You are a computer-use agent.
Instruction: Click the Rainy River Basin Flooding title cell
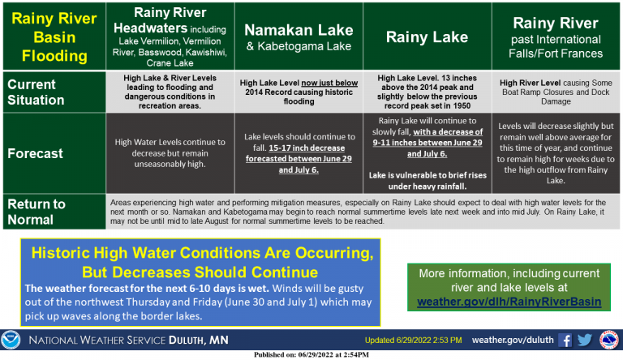[x=54, y=36]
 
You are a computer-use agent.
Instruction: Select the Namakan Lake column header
[x=299, y=36]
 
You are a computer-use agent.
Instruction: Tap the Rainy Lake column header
[x=428, y=36]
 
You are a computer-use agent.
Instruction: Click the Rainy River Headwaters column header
[x=170, y=36]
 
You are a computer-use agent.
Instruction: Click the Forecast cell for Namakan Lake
[x=299, y=153]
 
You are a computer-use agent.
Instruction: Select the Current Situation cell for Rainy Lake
[x=428, y=92]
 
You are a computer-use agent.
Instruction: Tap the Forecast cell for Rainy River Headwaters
[x=170, y=153]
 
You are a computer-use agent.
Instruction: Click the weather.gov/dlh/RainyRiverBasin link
[x=509, y=302]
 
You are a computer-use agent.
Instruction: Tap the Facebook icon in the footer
[x=565, y=340]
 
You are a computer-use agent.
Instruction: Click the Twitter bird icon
[x=585, y=340]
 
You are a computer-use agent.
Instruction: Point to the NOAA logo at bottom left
[x=11, y=340]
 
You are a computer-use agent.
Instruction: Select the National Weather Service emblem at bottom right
[x=608, y=340]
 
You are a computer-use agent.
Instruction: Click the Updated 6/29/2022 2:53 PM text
[x=413, y=340]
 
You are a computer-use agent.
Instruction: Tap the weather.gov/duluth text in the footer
[x=513, y=340]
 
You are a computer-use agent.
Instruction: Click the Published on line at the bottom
[x=311, y=354]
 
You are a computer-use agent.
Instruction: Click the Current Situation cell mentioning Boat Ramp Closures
[x=556, y=92]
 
